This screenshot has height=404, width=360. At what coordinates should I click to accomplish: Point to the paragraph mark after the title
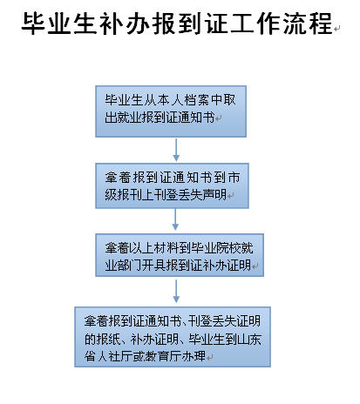(x=337, y=29)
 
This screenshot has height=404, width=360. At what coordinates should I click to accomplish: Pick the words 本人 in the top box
(x=170, y=100)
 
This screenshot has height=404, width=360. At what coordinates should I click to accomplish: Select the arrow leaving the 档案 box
(x=176, y=150)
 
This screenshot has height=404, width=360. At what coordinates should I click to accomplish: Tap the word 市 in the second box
(x=234, y=178)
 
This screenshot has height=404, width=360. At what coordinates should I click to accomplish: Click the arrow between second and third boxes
(x=175, y=219)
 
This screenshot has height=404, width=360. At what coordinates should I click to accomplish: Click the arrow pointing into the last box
(x=176, y=291)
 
